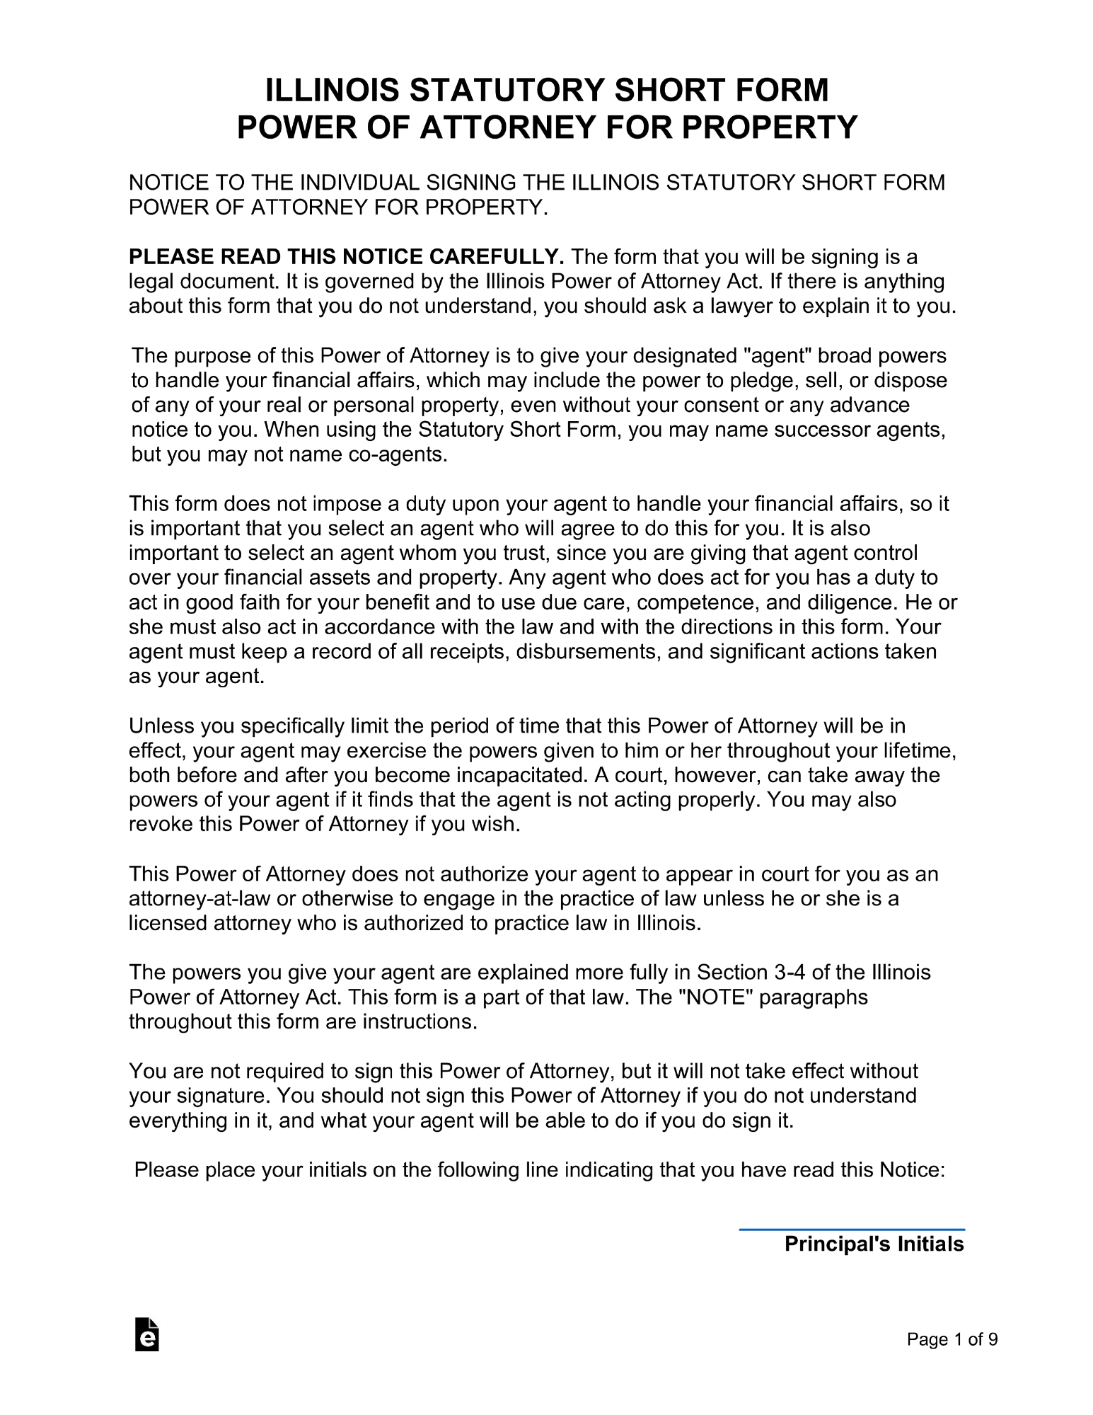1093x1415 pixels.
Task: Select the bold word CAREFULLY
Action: (496, 257)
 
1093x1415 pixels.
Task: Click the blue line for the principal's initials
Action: (851, 1230)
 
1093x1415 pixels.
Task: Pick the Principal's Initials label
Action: (874, 1244)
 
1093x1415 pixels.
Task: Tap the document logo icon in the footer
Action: (147, 1335)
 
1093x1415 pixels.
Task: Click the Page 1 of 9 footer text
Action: (952, 1339)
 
